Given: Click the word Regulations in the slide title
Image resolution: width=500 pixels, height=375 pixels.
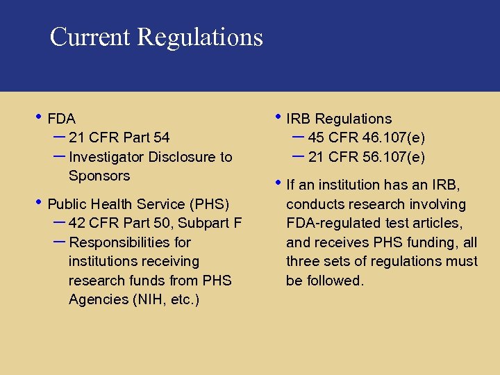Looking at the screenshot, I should pos(200,37).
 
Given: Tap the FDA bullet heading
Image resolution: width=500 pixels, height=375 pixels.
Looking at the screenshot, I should pos(62,119).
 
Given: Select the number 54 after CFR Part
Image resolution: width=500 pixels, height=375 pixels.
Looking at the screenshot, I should pos(160,137).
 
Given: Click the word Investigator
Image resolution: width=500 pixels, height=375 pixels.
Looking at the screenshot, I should pos(107,157).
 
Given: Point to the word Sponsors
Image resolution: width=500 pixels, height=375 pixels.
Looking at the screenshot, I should pos(99,176).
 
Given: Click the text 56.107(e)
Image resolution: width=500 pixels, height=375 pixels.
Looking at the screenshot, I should pos(394,157).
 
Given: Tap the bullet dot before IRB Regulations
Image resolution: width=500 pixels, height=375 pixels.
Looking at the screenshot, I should pos(278,117).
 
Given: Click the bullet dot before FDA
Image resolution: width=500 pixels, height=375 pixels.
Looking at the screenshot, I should pos(39,117).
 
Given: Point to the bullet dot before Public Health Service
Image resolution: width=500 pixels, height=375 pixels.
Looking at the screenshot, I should pos(39,202).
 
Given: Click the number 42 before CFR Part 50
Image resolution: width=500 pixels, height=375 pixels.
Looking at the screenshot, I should pos(78,223).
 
